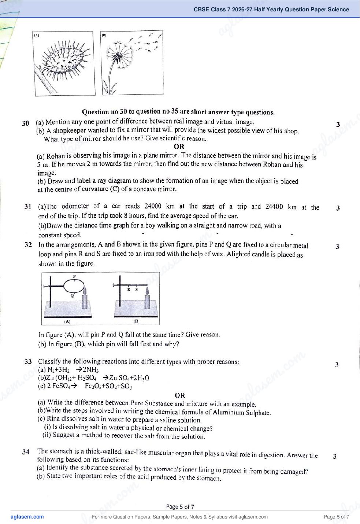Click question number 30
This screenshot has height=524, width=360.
pos(26,123)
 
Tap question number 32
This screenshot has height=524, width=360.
pos(28,245)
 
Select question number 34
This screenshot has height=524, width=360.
pos(26,452)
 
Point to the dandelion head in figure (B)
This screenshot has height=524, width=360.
pos(120,55)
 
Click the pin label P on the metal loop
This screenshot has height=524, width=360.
pos(74,276)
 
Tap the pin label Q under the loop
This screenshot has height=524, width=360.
pos(72,296)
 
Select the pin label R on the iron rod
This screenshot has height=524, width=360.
pos(129,289)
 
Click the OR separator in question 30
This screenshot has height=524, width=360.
pos(179,147)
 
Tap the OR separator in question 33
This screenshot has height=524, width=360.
pos(180,395)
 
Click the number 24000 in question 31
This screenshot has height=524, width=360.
pos(153,206)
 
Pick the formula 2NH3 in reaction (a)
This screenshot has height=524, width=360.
pos(91,370)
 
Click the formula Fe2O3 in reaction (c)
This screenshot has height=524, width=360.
pos(93,386)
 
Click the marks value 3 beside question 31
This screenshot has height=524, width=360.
pos(338,208)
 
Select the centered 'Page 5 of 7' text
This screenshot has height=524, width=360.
pos(180,507)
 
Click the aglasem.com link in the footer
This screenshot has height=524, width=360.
pos(27,517)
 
